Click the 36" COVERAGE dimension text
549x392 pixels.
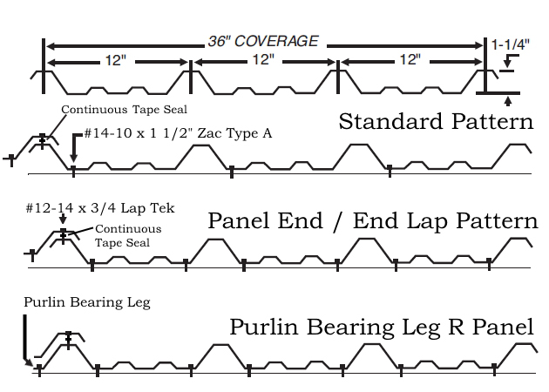[262, 42]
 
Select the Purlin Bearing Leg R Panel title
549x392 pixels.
[382, 327]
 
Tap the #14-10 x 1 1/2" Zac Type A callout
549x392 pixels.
[178, 133]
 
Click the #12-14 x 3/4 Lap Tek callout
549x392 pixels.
[78, 210]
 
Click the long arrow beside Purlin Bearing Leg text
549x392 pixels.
[26, 340]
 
